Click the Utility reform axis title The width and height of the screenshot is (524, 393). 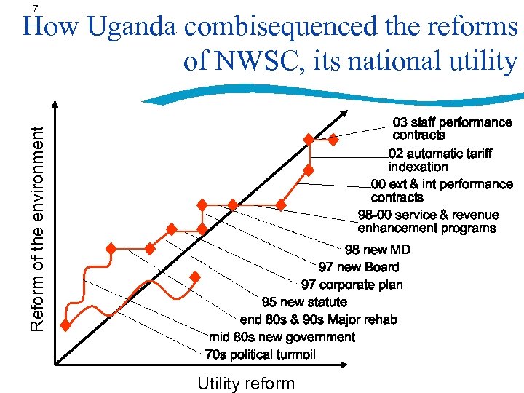(x=246, y=384)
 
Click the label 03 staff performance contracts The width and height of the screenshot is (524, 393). (x=452, y=129)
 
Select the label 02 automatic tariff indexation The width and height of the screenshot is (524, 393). (x=440, y=159)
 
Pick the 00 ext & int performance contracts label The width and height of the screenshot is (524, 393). (x=441, y=191)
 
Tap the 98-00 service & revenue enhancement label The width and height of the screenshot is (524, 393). (x=428, y=221)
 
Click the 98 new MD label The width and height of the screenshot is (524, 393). (x=378, y=250)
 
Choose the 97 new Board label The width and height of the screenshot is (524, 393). (x=359, y=267)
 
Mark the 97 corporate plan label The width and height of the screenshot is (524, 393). (x=352, y=285)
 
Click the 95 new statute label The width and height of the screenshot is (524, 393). (x=304, y=302)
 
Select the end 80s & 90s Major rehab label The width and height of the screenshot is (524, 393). (x=319, y=319)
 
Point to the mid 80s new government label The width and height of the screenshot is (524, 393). (x=282, y=337)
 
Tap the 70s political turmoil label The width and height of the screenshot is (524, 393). (x=260, y=354)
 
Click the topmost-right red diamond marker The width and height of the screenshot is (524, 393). (x=333, y=139)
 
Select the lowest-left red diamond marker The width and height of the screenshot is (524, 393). (x=65, y=325)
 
